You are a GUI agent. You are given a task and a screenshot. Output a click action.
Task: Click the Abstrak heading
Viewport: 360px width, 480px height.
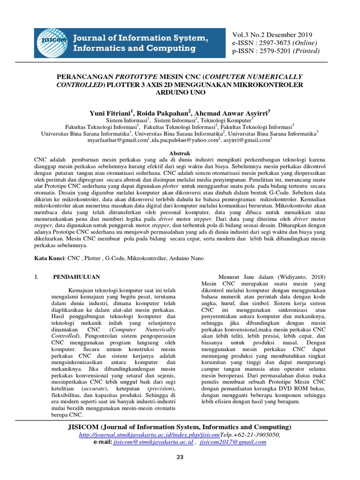pyautogui.click(x=180, y=153)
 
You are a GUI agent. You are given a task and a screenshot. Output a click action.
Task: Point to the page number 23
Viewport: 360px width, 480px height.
pyautogui.click(x=180, y=457)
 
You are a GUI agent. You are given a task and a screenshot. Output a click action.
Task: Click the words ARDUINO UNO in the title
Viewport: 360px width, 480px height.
pyautogui.click(x=180, y=92)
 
